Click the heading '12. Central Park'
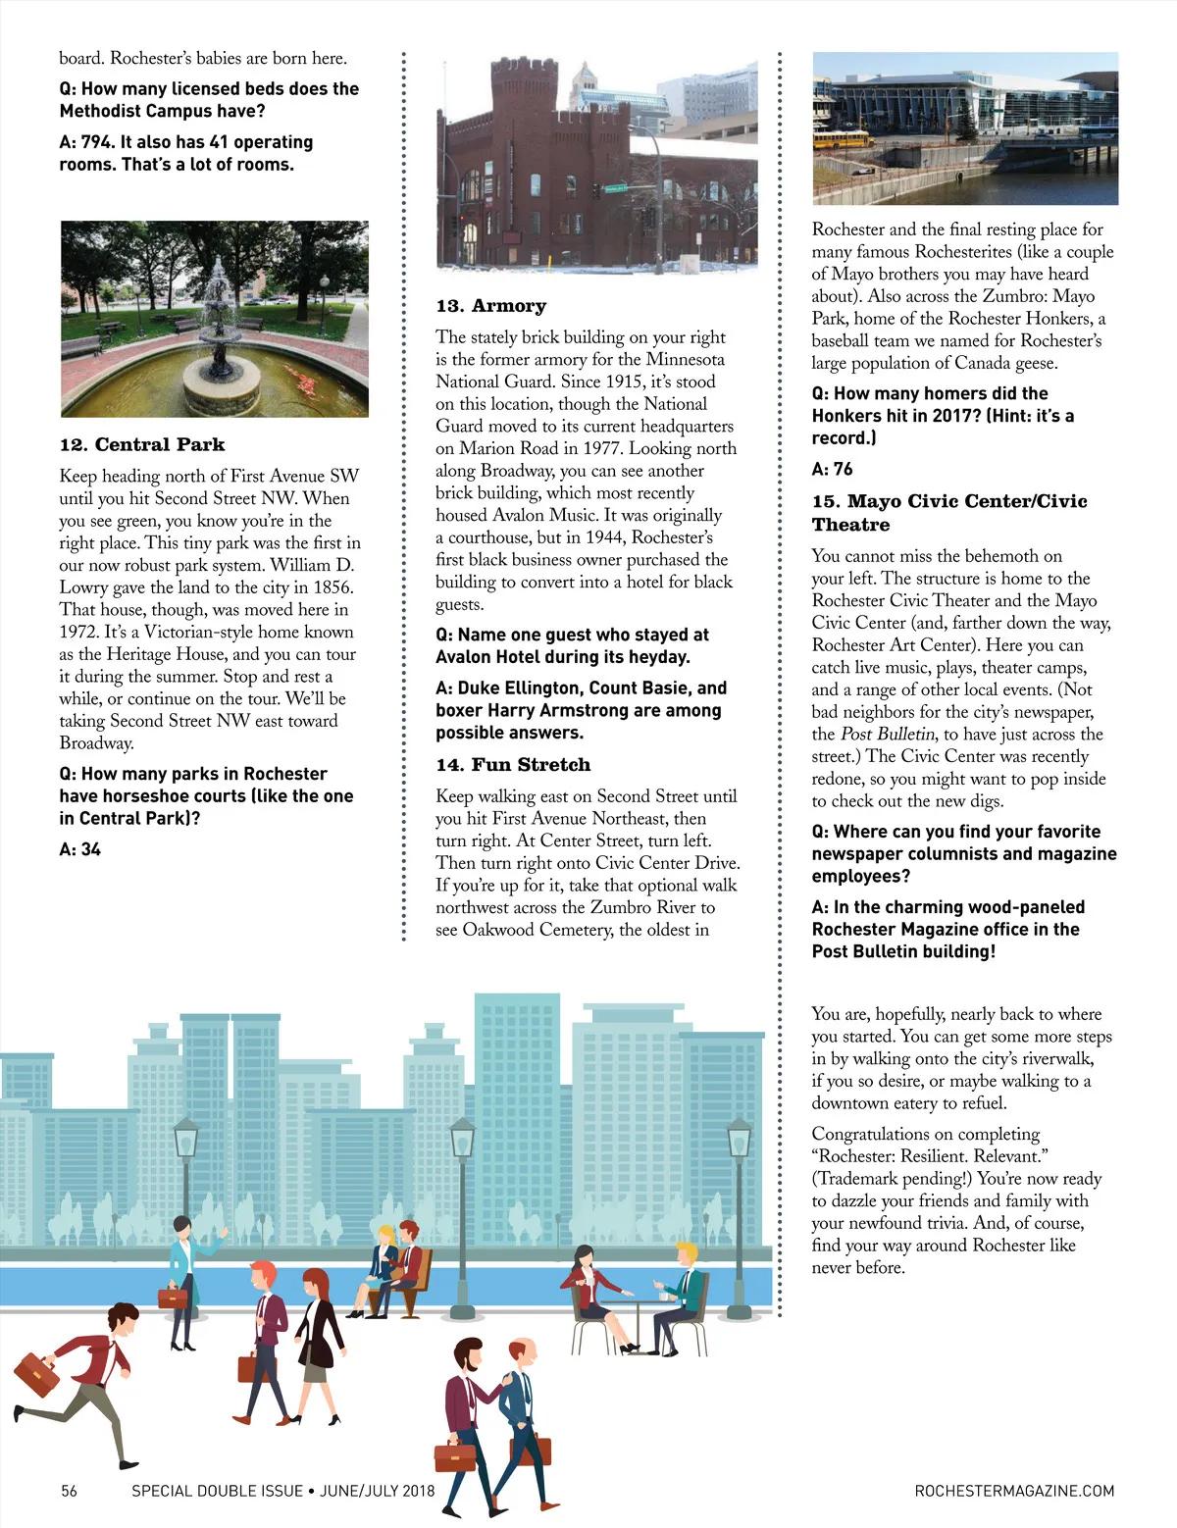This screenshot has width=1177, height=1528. pyautogui.click(x=142, y=444)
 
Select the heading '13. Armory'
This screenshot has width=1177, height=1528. pyautogui.click(x=491, y=306)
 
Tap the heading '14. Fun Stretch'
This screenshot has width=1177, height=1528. pyautogui.click(x=513, y=765)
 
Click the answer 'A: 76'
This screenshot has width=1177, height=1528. pyautogui.click(x=832, y=469)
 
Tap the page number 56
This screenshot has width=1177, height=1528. pyautogui.click(x=69, y=1491)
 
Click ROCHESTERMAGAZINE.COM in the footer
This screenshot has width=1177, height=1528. pyautogui.click(x=1014, y=1491)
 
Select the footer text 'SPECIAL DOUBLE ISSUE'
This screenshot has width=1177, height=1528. pyautogui.click(x=218, y=1491)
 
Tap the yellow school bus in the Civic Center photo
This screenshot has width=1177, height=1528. pyautogui.click(x=843, y=139)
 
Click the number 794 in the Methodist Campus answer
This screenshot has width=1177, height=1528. pyautogui.click(x=98, y=142)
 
